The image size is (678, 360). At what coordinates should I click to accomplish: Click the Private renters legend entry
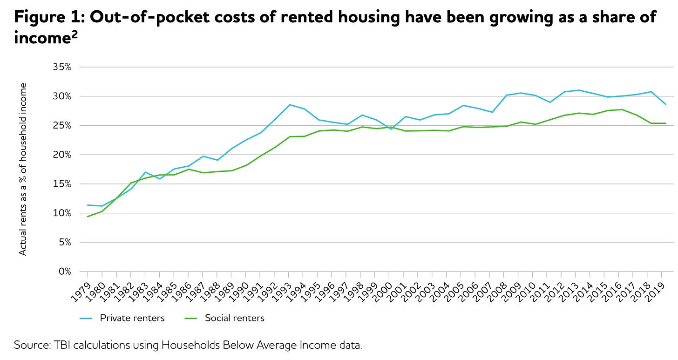click(x=132, y=319)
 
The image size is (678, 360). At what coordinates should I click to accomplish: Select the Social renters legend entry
click(x=234, y=319)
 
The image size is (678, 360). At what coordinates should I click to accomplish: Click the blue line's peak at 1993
click(x=290, y=105)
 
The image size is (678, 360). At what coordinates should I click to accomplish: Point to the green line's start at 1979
click(x=88, y=217)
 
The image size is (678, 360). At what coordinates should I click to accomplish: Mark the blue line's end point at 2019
click(x=665, y=104)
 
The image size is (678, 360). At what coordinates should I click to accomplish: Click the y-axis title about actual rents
click(x=23, y=169)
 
